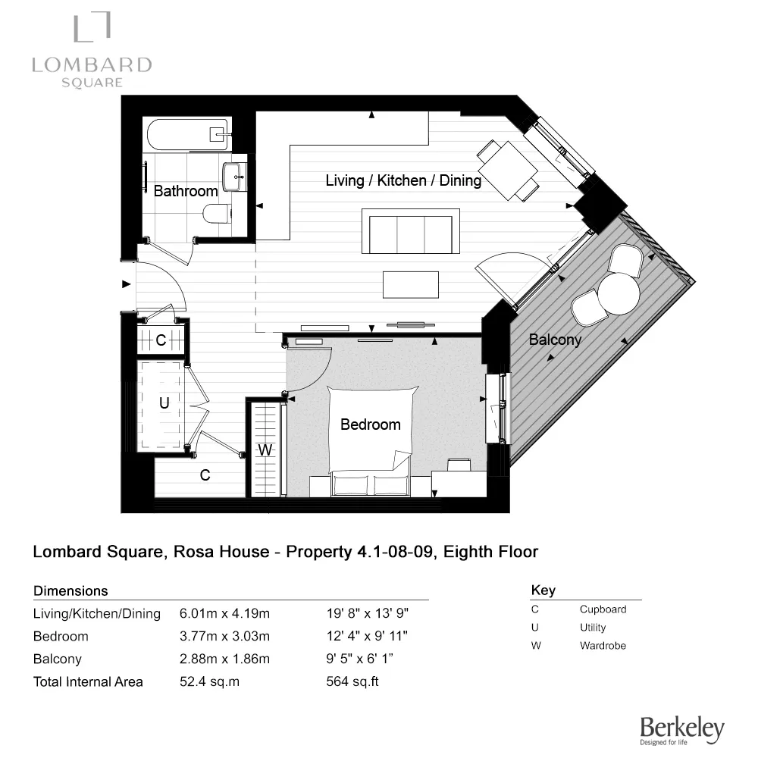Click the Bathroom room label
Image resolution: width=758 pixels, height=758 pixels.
click(x=186, y=191)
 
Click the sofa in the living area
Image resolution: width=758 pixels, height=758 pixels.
click(x=411, y=231)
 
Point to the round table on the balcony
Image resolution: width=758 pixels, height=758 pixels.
click(x=618, y=293)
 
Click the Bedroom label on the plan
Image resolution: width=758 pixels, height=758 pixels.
click(x=370, y=424)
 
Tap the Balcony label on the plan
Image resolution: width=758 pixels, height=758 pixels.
click(x=555, y=340)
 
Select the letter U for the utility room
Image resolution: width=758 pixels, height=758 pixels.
click(x=164, y=404)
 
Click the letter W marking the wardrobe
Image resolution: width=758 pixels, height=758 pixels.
click(x=265, y=450)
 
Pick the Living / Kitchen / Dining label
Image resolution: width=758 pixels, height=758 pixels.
click(x=403, y=180)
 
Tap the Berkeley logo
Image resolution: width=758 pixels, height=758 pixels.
click(x=681, y=729)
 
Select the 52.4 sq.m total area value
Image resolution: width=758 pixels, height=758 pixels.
click(x=209, y=681)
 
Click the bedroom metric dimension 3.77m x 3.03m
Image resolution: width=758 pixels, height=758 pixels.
click(x=224, y=636)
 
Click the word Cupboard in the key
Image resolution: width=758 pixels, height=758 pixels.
click(x=603, y=609)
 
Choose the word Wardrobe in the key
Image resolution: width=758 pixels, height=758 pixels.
click(x=603, y=646)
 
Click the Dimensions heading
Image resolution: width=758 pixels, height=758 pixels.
click(x=71, y=590)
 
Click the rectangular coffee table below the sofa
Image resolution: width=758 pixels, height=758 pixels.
click(x=410, y=285)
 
